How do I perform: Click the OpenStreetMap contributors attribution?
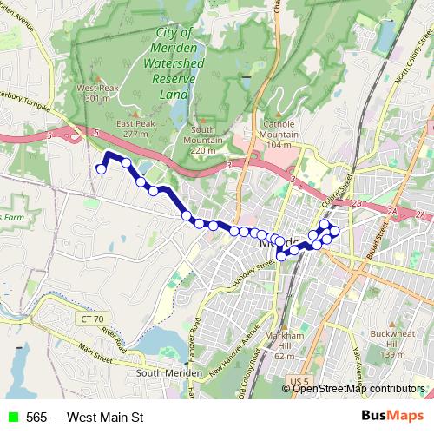[x=358, y=388]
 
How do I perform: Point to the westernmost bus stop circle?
[x=101, y=169]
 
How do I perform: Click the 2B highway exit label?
[x=355, y=203]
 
